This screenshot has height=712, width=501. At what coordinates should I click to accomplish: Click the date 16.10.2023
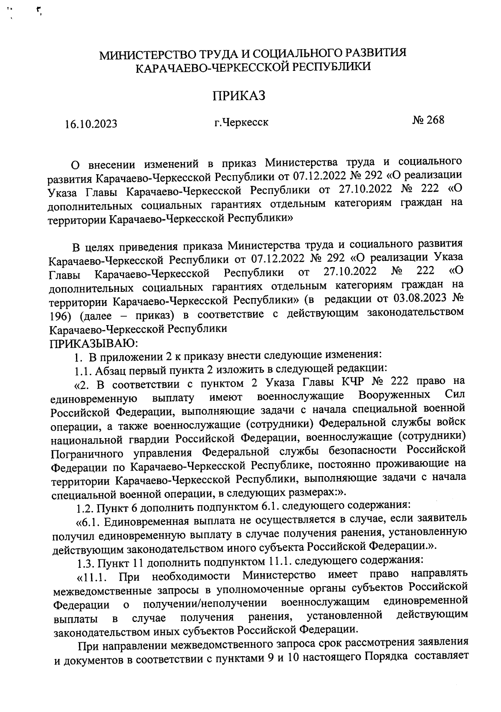click(x=91, y=124)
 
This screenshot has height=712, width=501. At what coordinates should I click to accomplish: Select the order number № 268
click(x=428, y=120)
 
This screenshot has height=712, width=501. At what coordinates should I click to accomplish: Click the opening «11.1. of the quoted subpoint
click(x=92, y=578)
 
